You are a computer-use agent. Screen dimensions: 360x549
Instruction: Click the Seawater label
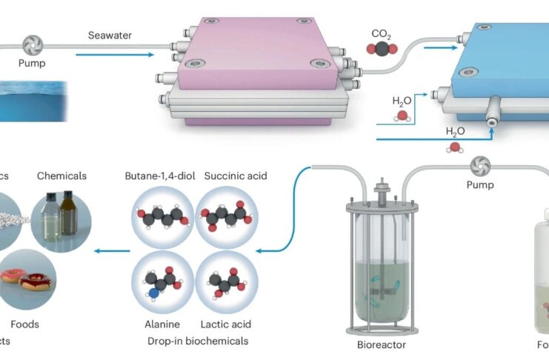pos(110,35)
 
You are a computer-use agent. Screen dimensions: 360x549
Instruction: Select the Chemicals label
pos(61,176)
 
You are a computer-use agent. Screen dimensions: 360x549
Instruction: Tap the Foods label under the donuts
pos(24,324)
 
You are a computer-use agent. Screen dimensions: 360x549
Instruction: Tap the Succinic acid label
pos(233,176)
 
